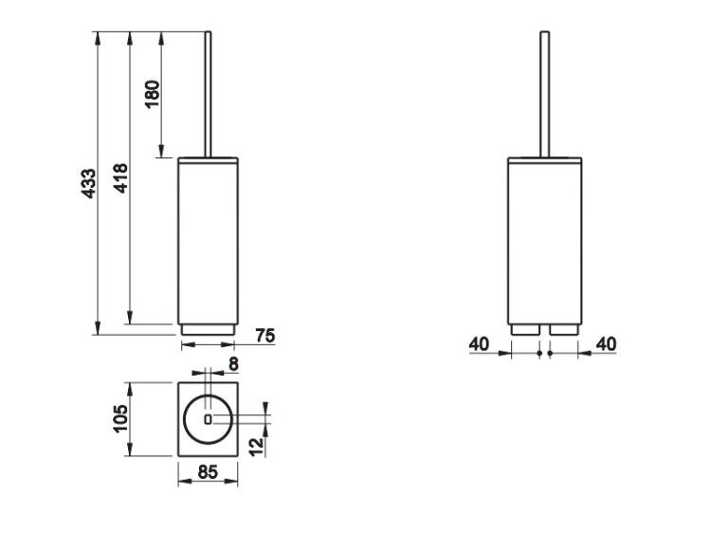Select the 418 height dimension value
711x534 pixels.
[x=121, y=178]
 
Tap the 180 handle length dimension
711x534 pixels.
[x=154, y=94]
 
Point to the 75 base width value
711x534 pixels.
[x=265, y=336]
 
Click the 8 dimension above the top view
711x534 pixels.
[x=233, y=364]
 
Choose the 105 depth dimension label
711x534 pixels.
[x=121, y=419]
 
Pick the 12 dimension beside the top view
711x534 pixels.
[x=257, y=447]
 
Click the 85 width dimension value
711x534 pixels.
[x=208, y=472]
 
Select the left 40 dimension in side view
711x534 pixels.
[x=480, y=344]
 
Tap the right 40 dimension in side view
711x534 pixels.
[x=607, y=344]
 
